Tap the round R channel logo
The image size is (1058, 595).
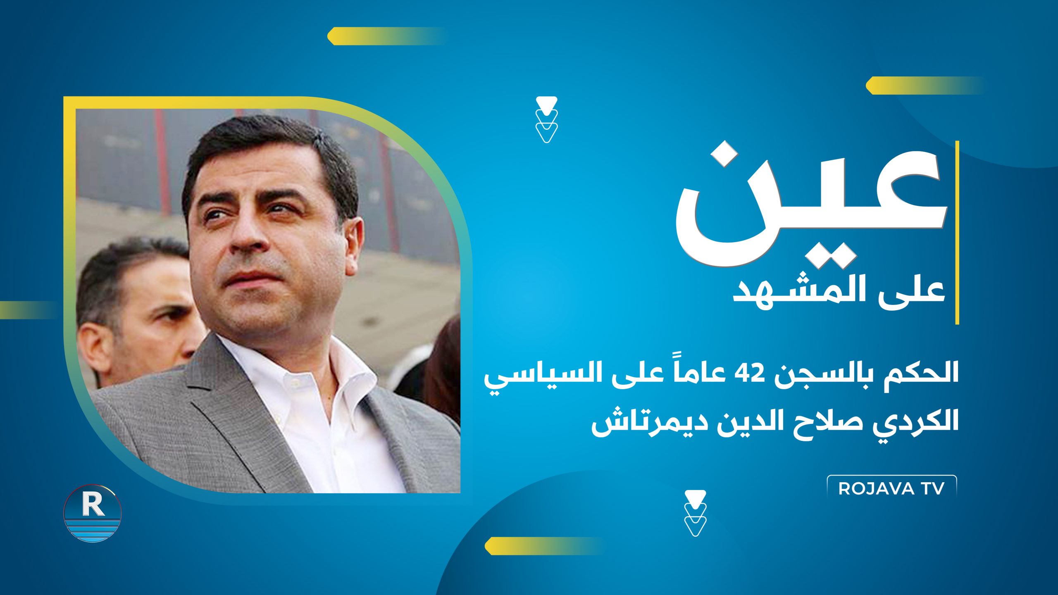pyautogui.click(x=93, y=513)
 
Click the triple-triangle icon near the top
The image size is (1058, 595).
pyautogui.click(x=546, y=120)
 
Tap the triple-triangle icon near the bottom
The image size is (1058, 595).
pyautogui.click(x=695, y=513)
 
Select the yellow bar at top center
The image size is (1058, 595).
pyautogui.click(x=386, y=36)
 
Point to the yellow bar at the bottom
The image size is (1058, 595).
pyautogui.click(x=543, y=546)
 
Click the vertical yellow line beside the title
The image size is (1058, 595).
pyautogui.click(x=957, y=232)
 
